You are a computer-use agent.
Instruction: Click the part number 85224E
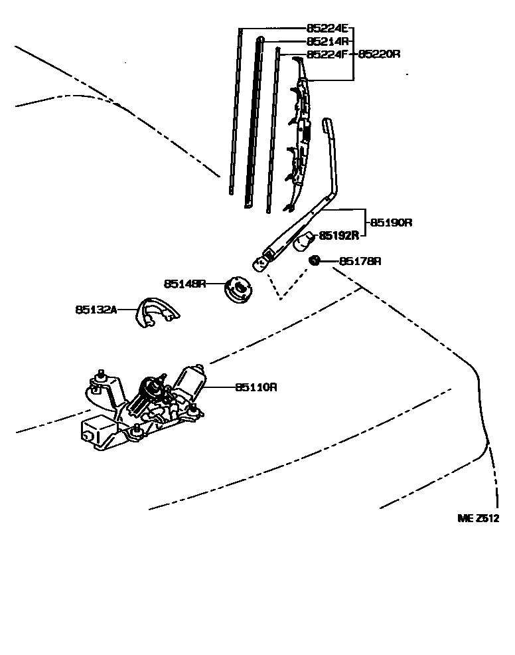[327, 29]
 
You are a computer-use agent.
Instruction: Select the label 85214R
[327, 41]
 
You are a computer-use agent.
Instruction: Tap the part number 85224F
[327, 54]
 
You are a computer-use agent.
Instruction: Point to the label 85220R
[380, 54]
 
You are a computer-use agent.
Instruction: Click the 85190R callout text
[391, 223]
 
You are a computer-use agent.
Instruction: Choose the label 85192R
[339, 234]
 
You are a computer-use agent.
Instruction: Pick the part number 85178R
[360, 261]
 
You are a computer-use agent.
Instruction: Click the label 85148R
[184, 284]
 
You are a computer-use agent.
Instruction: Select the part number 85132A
[96, 310]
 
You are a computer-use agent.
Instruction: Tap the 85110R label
[255, 387]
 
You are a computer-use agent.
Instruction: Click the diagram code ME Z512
[477, 519]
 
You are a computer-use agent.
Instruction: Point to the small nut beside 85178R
[317, 260]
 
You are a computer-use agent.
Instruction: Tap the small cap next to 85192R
[304, 240]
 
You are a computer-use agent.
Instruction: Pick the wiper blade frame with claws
[299, 133]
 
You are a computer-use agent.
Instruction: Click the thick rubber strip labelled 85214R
[254, 123]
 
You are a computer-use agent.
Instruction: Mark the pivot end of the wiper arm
[261, 263]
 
